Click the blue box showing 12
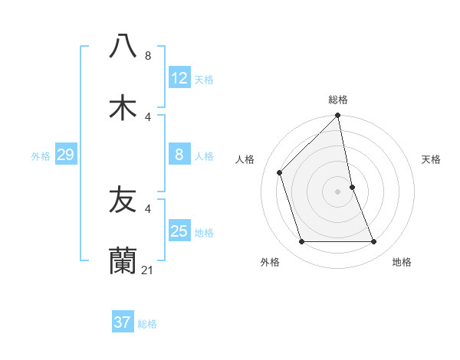tap(179, 78)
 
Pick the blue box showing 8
tap(179, 155)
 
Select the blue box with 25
tap(179, 231)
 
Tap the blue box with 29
tap(65, 155)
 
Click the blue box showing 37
tap(123, 322)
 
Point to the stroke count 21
tap(148, 270)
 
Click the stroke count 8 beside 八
tap(148, 56)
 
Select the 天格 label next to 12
tap(204, 80)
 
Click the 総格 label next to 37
tap(147, 324)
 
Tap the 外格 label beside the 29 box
tap(41, 156)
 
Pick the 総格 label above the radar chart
tap(338, 100)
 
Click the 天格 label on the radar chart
tap(432, 159)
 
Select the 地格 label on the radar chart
tap(402, 262)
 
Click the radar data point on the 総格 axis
tap(338, 116)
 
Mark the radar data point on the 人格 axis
tap(280, 172)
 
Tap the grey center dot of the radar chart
tap(338, 191)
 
